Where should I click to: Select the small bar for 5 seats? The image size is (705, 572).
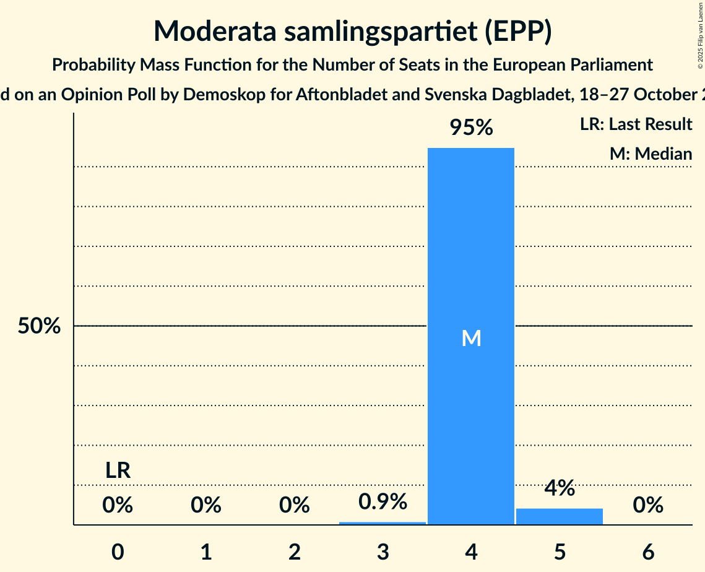click(x=560, y=516)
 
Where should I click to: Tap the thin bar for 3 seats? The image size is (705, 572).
click(x=383, y=523)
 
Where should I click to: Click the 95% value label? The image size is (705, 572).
click(x=471, y=128)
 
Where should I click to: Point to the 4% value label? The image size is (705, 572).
click(x=560, y=488)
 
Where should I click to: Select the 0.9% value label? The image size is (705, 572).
click(x=383, y=502)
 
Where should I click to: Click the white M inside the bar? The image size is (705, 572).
click(x=471, y=338)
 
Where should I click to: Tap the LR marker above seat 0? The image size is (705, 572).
click(x=118, y=470)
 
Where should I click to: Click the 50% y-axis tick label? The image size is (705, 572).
click(x=39, y=326)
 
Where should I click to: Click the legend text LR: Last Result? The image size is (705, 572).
click(x=636, y=124)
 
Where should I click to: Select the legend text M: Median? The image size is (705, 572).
click(x=651, y=154)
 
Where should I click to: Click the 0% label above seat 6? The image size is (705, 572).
click(x=648, y=506)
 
